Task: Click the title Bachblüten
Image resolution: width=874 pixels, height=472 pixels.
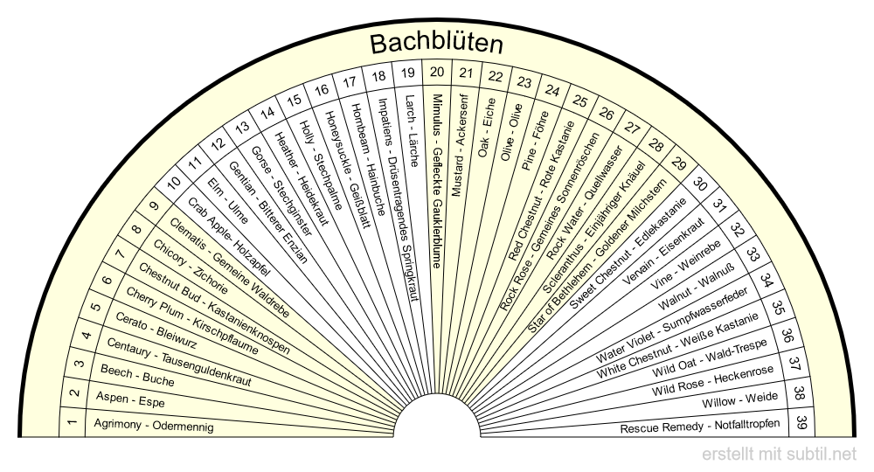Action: [436, 44]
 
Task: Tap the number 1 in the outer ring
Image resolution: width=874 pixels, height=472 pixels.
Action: [72, 422]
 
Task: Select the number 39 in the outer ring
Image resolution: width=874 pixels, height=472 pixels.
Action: [801, 422]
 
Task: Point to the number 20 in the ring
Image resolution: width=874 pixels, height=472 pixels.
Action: [437, 72]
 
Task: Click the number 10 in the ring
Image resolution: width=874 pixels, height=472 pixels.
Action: [174, 182]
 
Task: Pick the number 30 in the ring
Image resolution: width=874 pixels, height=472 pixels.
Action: [699, 184]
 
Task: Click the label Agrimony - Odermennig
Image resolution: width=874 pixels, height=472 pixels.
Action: [153, 425]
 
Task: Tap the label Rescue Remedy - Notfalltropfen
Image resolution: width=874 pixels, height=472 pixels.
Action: [699, 427]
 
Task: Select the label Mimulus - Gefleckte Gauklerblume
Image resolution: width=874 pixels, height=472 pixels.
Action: [437, 181]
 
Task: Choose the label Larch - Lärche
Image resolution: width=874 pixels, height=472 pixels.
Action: [411, 131]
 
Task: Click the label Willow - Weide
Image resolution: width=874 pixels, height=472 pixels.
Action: [739, 399]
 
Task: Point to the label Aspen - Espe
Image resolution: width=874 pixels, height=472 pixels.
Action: [130, 399]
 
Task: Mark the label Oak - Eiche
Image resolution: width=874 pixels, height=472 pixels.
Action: [487, 128]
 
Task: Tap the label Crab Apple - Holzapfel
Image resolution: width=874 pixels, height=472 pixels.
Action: [228, 237]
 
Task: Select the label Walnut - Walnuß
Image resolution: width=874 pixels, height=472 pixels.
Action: [697, 286]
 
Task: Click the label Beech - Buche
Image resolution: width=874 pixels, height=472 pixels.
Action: [137, 376]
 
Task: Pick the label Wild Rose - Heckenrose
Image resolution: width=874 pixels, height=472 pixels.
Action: [713, 380]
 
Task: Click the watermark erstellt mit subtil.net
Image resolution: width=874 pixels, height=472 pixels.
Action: [779, 455]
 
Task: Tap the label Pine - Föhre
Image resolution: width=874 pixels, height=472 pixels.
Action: [535, 141]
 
